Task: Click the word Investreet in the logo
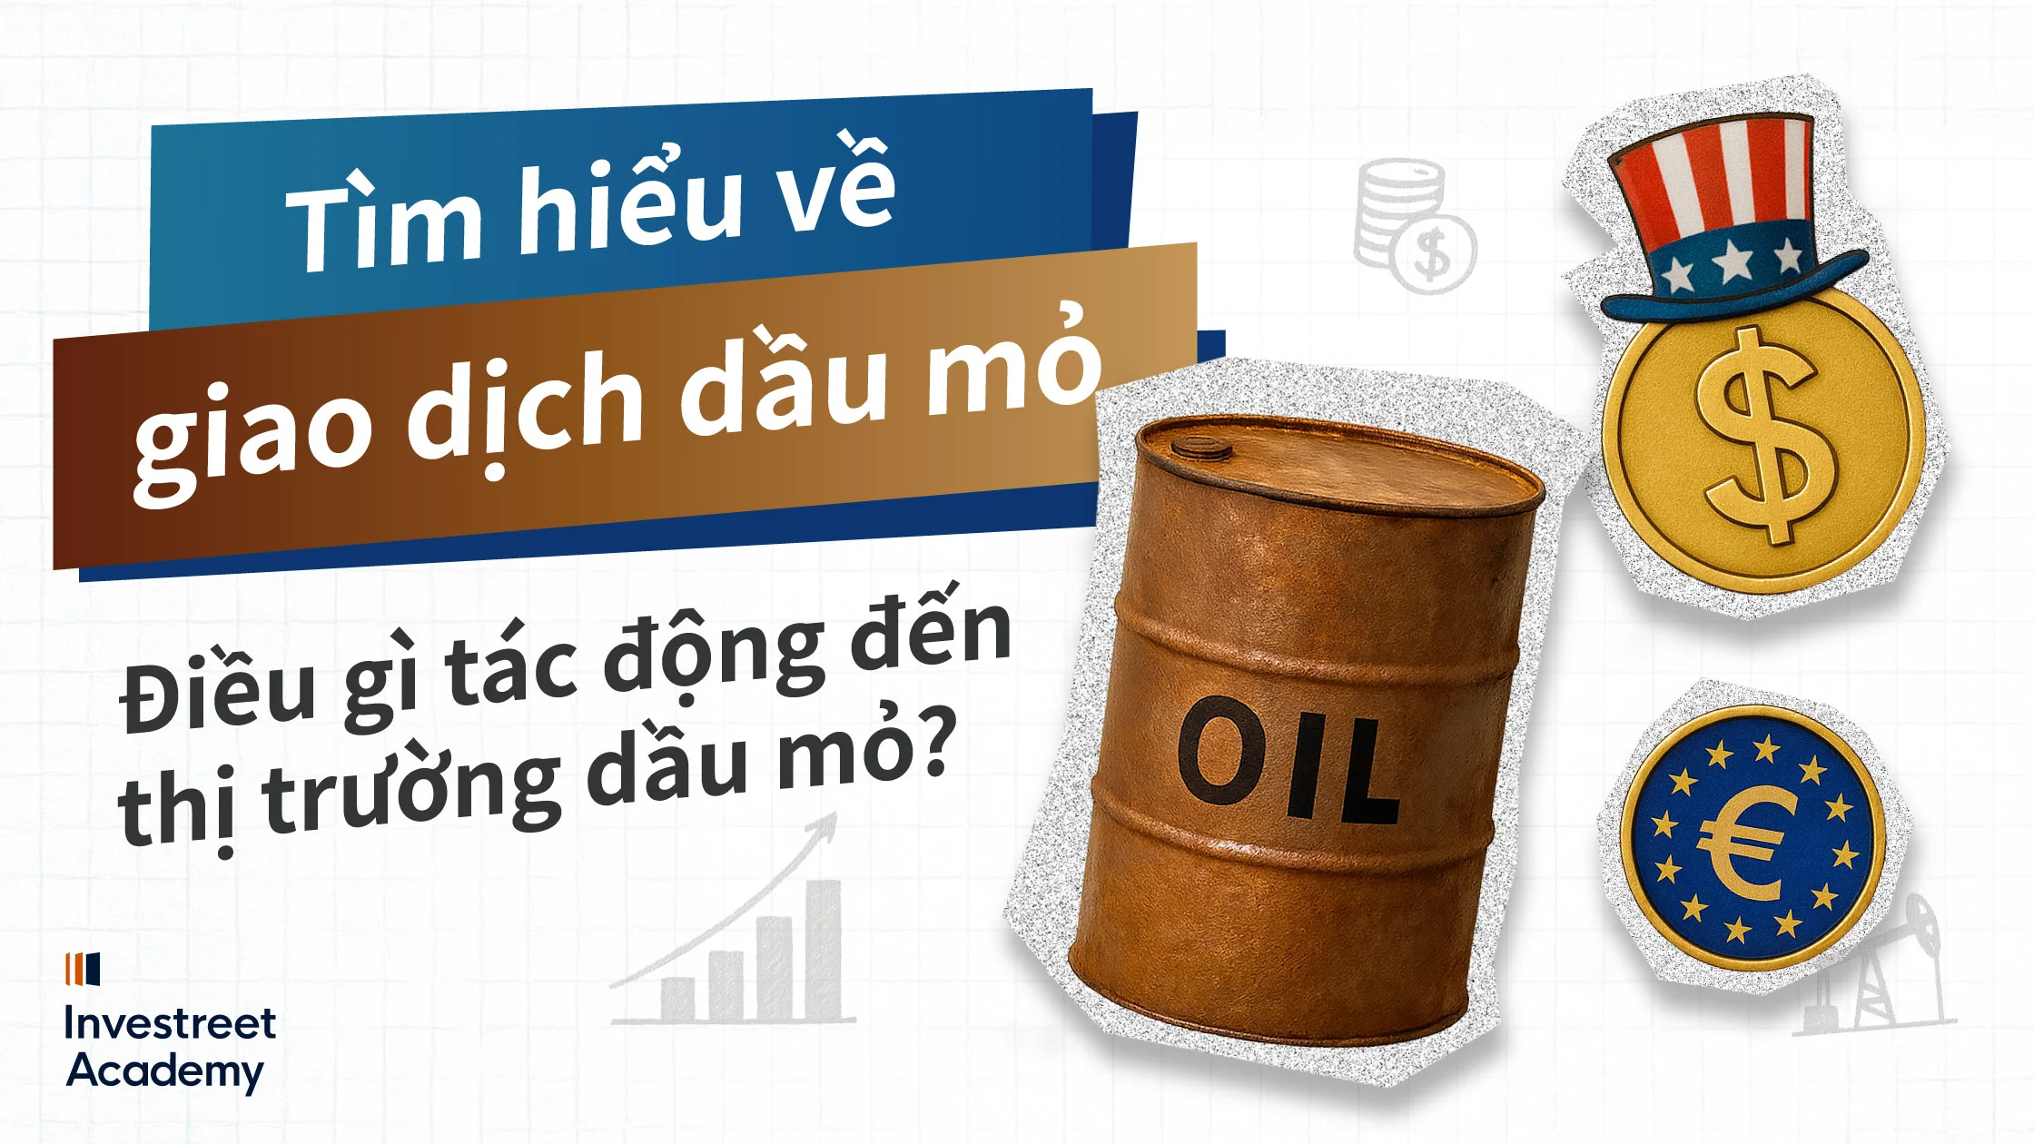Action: point(170,1024)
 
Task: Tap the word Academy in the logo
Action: point(164,1071)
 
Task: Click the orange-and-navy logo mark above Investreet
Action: point(83,969)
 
